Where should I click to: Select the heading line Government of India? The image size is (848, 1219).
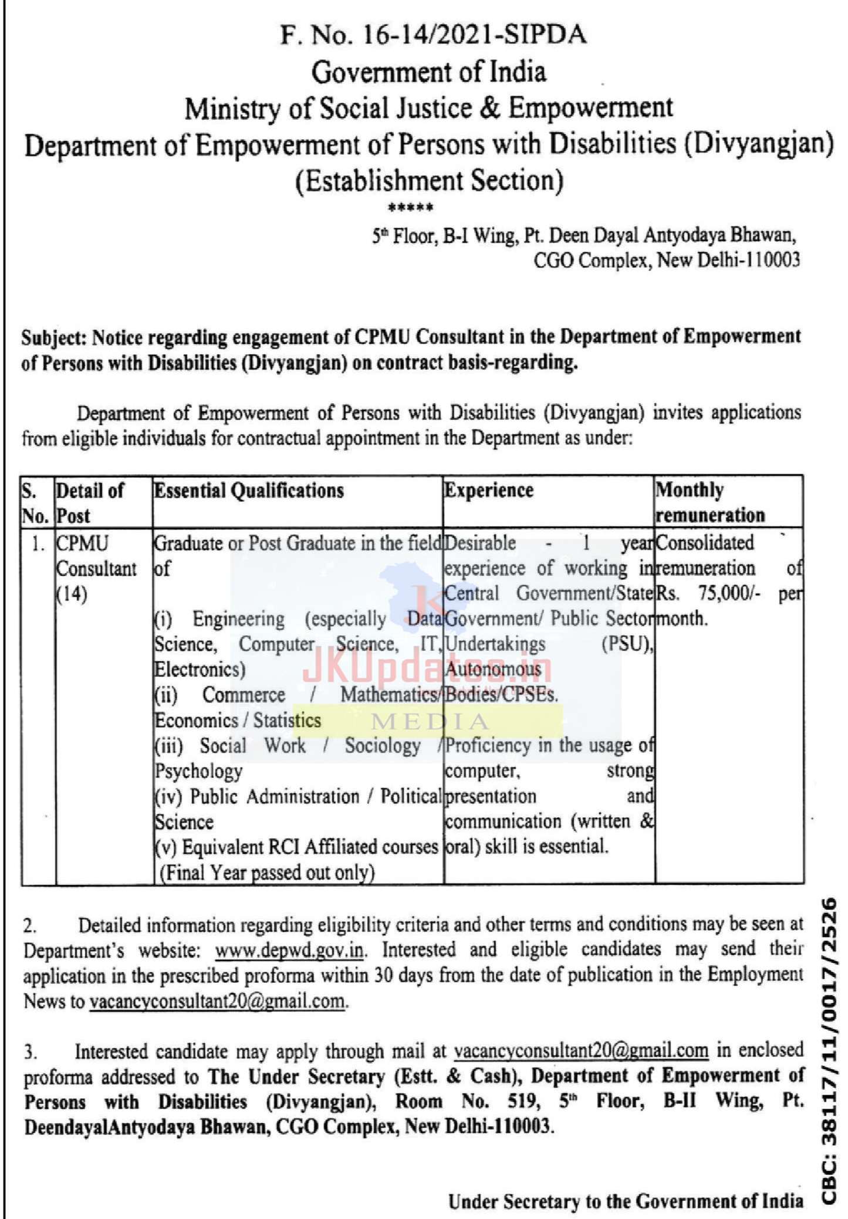point(428,72)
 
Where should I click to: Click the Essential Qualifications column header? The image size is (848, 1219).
point(249,491)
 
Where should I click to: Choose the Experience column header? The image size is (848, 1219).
point(489,491)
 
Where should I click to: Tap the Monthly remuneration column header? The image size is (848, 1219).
point(710,502)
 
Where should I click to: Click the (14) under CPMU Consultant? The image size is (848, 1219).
point(72,595)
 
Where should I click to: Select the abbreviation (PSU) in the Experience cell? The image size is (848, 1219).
point(627,644)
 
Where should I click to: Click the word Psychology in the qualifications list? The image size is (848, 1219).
point(198,771)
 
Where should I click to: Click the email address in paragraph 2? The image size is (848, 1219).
point(217,1001)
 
